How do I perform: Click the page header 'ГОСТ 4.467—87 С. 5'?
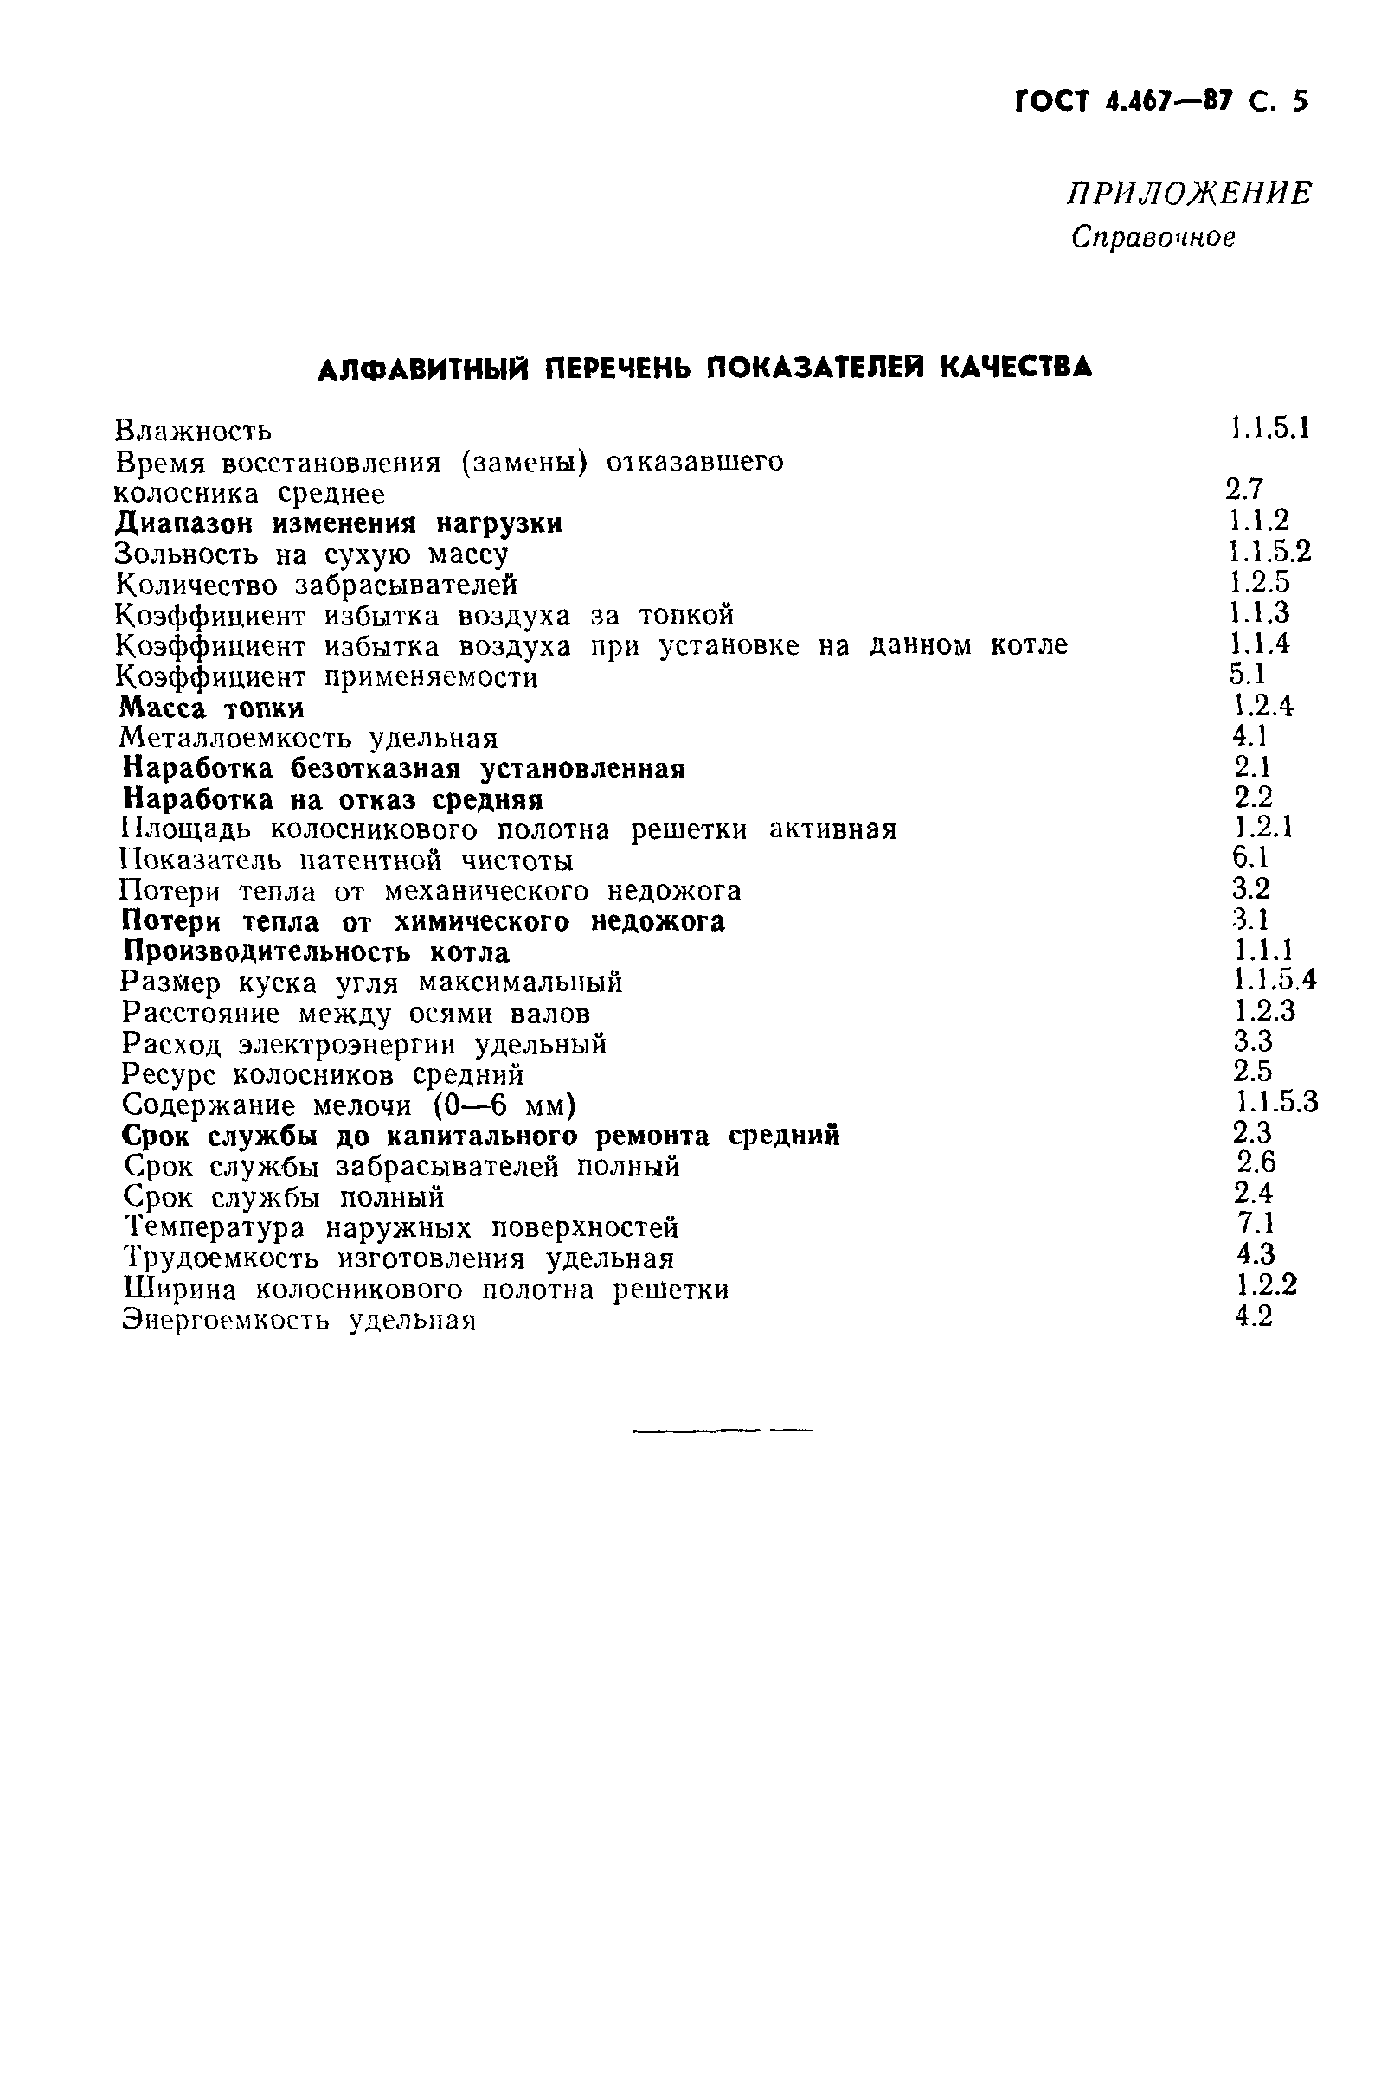1161,102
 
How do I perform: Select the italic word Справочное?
1153,237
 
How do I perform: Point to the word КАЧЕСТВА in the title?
1016,367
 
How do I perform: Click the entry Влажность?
194,432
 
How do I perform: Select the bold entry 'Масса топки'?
212,708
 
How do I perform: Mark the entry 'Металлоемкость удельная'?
308,739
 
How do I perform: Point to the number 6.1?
1249,857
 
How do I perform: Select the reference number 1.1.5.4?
1275,980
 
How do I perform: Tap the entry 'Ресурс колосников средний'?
323,1075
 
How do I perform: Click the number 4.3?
1255,1254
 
